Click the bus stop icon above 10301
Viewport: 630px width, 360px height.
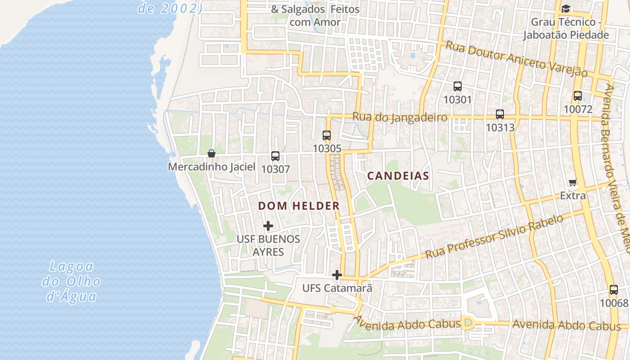click(x=458, y=86)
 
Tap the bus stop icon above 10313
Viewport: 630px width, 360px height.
click(x=499, y=114)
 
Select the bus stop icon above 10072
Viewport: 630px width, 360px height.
click(x=578, y=95)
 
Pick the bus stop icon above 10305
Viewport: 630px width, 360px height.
click(x=327, y=135)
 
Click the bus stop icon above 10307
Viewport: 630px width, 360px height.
click(x=275, y=156)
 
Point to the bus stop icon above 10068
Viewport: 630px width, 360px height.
click(x=614, y=290)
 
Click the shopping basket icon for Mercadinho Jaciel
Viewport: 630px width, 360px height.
click(x=211, y=153)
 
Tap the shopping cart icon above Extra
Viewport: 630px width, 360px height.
click(x=573, y=182)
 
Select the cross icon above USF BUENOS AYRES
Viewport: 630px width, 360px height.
click(x=268, y=225)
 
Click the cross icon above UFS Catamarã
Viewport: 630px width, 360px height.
click(x=337, y=274)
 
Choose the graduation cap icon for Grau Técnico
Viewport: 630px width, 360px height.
click(x=566, y=9)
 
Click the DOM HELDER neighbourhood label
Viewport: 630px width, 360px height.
click(x=299, y=206)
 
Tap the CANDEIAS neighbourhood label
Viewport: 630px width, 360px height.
click(x=398, y=176)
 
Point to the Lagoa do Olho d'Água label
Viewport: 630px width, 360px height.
click(x=71, y=281)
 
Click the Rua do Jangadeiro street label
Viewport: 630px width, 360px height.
click(x=400, y=117)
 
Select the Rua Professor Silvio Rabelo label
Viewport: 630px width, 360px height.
click(x=494, y=237)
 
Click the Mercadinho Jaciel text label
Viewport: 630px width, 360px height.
click(x=211, y=167)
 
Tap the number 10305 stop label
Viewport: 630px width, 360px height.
click(x=327, y=148)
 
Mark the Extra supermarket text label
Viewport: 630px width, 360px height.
click(x=573, y=196)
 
